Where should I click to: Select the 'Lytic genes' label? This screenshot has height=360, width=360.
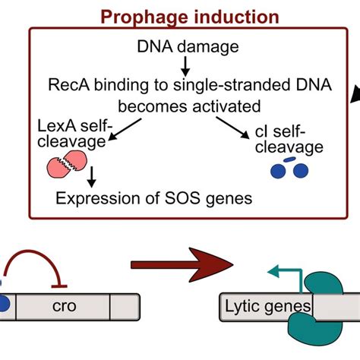(267, 306)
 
